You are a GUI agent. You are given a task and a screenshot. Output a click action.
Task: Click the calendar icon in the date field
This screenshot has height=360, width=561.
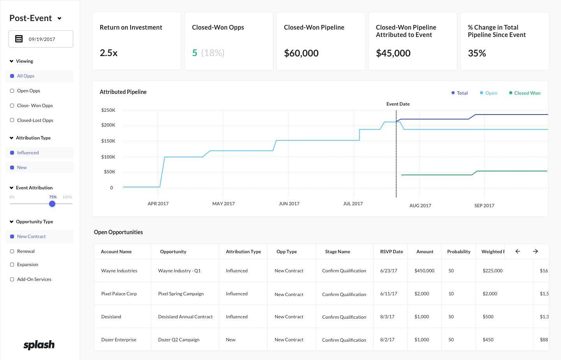(x=19, y=39)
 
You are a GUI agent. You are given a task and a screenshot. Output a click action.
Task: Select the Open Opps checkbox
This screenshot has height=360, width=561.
(x=12, y=91)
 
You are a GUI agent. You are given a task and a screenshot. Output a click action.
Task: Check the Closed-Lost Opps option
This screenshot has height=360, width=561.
(x=12, y=120)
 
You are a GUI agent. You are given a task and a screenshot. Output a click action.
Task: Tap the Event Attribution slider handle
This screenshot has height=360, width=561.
(x=52, y=204)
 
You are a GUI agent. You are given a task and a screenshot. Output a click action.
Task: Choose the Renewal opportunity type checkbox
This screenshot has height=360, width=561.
(x=12, y=251)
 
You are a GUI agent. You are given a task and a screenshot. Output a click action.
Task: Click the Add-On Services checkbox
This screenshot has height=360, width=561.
(x=12, y=279)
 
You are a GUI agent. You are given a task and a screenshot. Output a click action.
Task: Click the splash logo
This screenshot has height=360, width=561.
(x=39, y=345)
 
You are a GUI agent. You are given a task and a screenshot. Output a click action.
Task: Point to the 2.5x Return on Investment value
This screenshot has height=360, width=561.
(x=109, y=53)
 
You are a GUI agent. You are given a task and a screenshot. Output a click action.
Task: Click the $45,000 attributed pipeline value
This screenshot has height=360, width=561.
(x=393, y=53)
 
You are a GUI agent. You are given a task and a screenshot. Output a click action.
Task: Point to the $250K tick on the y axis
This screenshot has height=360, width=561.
(x=108, y=110)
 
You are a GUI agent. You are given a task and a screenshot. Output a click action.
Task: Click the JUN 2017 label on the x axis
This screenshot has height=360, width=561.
(x=289, y=203)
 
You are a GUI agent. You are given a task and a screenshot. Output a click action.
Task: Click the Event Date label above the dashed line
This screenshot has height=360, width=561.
(x=398, y=104)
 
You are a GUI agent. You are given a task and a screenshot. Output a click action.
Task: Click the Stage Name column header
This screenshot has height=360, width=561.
(x=337, y=252)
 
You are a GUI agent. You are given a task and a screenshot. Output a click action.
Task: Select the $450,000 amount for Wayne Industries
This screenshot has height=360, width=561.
(x=424, y=271)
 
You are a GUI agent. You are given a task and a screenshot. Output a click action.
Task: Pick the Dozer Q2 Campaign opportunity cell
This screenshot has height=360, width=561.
(x=179, y=340)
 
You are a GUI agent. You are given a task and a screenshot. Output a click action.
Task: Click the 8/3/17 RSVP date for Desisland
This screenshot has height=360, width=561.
(x=387, y=317)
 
